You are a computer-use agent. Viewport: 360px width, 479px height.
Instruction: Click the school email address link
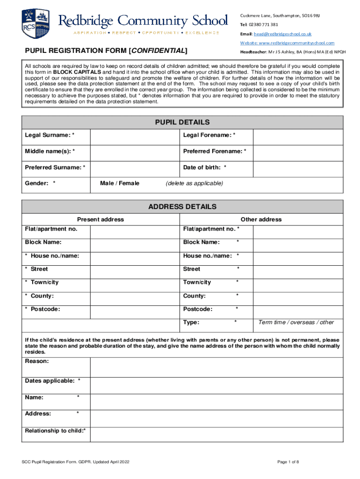click(282, 34)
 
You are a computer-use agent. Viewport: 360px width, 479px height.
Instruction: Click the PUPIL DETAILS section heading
click(182, 123)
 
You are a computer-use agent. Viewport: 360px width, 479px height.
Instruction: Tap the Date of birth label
click(205, 167)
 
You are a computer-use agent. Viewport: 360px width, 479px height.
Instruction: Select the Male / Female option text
click(120, 183)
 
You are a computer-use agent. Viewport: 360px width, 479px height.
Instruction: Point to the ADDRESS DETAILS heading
click(182, 206)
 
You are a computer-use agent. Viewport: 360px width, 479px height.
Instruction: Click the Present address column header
click(101, 219)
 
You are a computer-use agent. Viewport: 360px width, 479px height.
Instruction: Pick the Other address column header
click(261, 219)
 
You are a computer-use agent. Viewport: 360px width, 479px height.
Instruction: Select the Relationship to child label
click(55, 430)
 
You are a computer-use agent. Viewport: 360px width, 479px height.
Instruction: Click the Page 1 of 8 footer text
click(288, 462)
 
